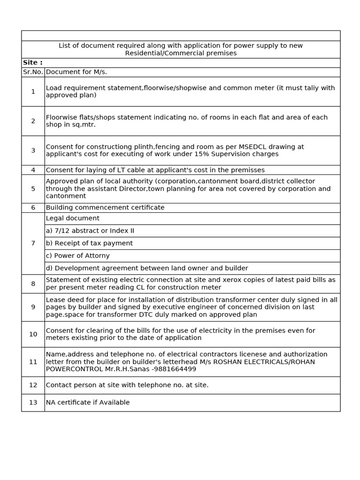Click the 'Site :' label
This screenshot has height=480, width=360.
point(33,63)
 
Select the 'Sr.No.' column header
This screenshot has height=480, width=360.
point(33,72)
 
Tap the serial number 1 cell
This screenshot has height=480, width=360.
point(33,91)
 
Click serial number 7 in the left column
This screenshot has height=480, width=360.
point(33,243)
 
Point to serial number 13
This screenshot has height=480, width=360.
point(33,403)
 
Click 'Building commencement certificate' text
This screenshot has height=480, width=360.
point(105,208)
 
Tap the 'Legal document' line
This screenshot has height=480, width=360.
point(73,218)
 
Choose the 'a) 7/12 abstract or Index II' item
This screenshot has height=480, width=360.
point(90,231)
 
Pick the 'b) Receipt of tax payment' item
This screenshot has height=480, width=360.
point(89,243)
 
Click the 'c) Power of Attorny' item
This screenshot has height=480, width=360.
point(78,256)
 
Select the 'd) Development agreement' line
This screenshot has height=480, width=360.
point(147,268)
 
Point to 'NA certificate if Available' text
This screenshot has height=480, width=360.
point(88,403)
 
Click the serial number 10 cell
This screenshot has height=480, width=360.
point(33,334)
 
